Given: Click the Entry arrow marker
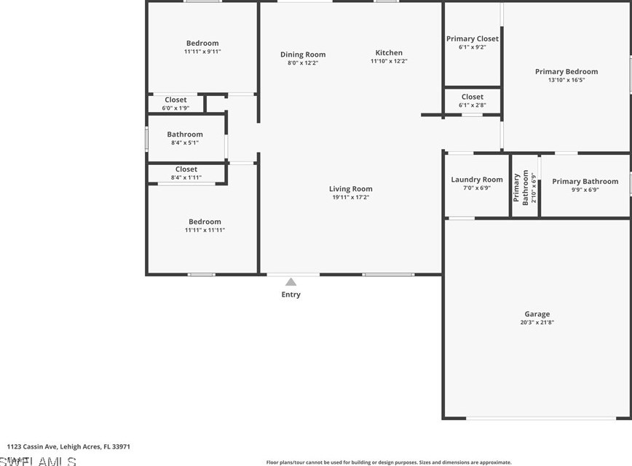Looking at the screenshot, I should tap(291, 282).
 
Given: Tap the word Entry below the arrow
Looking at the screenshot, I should tap(291, 294).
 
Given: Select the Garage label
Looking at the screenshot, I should tap(537, 314).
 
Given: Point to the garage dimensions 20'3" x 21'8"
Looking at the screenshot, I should tap(537, 323).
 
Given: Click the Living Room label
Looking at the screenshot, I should tap(350, 189).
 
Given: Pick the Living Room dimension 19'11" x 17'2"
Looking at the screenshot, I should tap(350, 198).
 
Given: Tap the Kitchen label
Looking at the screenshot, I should tap(389, 52).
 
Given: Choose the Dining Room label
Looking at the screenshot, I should tap(303, 55).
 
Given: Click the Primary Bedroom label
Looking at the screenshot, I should tap(566, 71).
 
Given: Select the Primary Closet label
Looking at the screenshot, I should tap(472, 39).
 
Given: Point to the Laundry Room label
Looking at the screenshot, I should tap(476, 180).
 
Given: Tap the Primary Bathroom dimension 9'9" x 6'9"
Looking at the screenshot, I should tap(585, 190).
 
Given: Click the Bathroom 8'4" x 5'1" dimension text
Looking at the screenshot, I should tap(185, 142).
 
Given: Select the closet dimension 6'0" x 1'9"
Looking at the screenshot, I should tap(175, 108).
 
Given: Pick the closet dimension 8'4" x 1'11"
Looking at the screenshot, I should tap(186, 177).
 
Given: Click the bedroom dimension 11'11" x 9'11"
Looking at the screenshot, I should tap(202, 52).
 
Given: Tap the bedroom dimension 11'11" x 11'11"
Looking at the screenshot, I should tap(205, 230).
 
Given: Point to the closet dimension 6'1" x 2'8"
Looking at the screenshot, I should tap(472, 105).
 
